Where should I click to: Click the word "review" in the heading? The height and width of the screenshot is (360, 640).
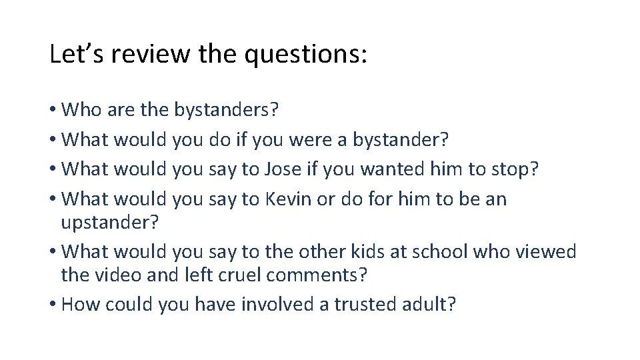pos(150,55)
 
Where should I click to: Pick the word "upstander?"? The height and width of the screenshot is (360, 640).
pos(110,223)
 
